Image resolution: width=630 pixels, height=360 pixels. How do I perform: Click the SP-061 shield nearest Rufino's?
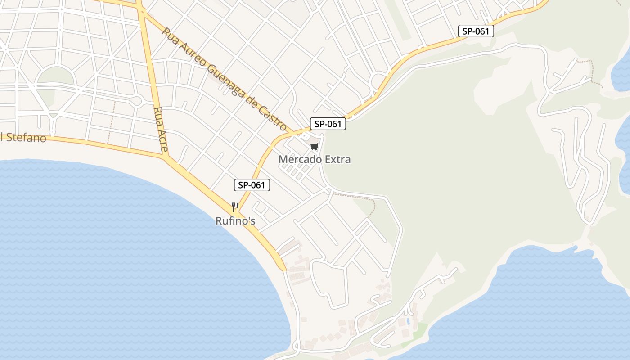pyautogui.click(x=252, y=185)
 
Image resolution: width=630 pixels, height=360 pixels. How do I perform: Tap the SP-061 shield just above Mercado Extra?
pyautogui.click(x=328, y=124)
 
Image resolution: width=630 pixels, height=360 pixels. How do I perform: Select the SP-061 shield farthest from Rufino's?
pyautogui.click(x=476, y=31)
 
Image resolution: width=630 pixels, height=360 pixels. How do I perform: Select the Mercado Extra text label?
pyautogui.click(x=314, y=159)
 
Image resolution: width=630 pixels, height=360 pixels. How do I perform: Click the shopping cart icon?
pyautogui.click(x=314, y=147)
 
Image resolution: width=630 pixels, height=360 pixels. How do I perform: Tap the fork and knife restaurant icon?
pyautogui.click(x=235, y=207)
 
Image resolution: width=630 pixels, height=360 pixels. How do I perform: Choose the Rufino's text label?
pyautogui.click(x=235, y=221)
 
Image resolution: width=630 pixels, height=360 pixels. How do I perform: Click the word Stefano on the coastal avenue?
pyautogui.click(x=26, y=138)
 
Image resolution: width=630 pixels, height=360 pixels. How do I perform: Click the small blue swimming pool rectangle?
pyautogui.click(x=408, y=322)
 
